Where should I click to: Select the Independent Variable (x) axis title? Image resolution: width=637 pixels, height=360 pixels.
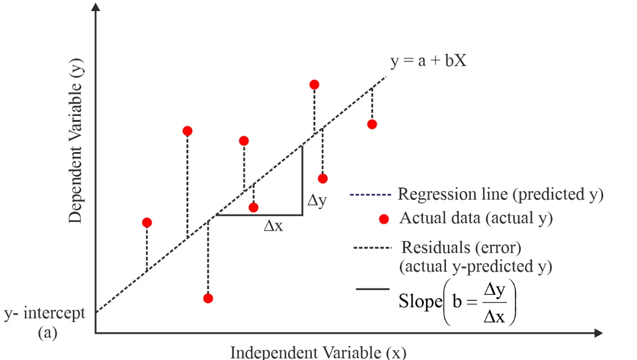(x=318, y=352)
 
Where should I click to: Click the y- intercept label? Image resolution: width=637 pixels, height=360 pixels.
(x=45, y=313)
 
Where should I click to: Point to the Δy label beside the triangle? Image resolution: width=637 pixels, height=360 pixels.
(x=318, y=202)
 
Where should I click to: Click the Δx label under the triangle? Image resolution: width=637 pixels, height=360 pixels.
(x=273, y=226)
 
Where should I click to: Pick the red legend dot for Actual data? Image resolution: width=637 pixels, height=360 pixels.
(x=383, y=219)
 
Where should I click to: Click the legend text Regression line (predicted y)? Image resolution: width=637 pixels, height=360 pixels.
(x=500, y=194)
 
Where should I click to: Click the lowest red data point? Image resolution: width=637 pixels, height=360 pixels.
(x=208, y=298)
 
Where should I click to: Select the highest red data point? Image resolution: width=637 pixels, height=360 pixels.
(x=314, y=84)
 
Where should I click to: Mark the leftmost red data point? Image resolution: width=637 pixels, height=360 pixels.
(x=147, y=223)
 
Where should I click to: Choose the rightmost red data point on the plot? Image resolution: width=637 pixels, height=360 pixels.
(x=372, y=124)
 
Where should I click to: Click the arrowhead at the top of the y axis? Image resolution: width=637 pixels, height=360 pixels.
(x=96, y=7)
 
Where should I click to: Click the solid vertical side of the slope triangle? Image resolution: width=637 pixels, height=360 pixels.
(x=302, y=181)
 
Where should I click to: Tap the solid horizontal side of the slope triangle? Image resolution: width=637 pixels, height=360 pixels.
(x=259, y=215)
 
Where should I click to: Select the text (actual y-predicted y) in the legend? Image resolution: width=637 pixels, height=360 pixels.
(x=476, y=267)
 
